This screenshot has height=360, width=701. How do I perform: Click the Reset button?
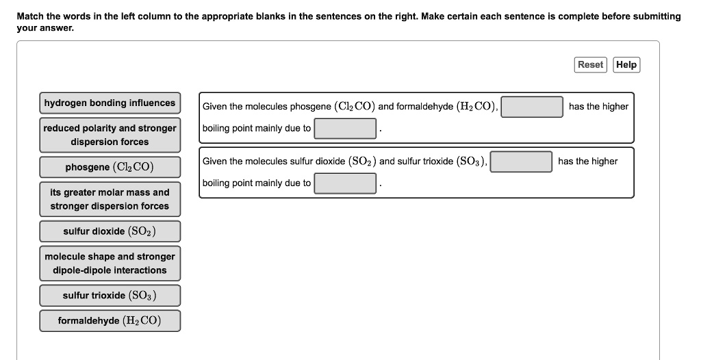point(590,64)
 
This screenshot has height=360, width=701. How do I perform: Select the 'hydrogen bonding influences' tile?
point(110,103)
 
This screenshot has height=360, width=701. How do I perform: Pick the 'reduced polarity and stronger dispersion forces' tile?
point(110,135)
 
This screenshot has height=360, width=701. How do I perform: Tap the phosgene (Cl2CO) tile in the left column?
point(110,167)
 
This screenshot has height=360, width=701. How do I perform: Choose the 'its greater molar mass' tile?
point(110,199)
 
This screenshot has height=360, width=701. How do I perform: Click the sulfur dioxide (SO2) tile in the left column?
point(110,231)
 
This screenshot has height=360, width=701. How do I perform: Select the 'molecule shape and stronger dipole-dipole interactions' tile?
point(110,263)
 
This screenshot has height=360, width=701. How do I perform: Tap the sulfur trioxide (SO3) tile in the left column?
point(110,296)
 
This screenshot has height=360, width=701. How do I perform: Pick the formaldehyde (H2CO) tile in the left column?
point(110,320)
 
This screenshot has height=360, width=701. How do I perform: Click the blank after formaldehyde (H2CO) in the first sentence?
point(531,107)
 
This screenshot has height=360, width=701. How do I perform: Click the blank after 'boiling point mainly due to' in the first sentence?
point(345,129)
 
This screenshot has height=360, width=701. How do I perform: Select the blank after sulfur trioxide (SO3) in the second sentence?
point(521,162)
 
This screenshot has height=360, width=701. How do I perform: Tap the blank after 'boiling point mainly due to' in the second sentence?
point(345,183)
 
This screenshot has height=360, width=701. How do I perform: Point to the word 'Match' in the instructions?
point(30,16)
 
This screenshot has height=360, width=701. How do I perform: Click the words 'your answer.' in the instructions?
point(45,28)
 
